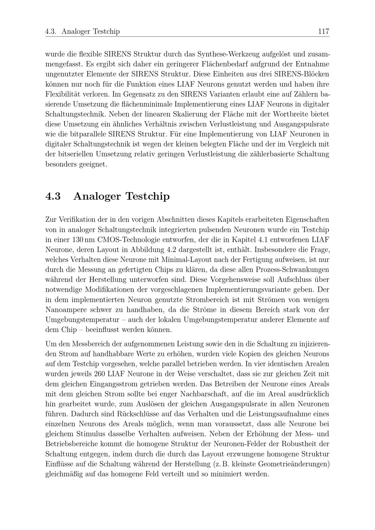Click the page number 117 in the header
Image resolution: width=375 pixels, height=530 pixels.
pos(323,31)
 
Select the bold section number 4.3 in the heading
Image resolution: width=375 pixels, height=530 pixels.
pos(53,196)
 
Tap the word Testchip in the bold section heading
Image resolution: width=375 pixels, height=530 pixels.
pos(147,196)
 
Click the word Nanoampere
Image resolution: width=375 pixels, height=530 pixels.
pos(66,310)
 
